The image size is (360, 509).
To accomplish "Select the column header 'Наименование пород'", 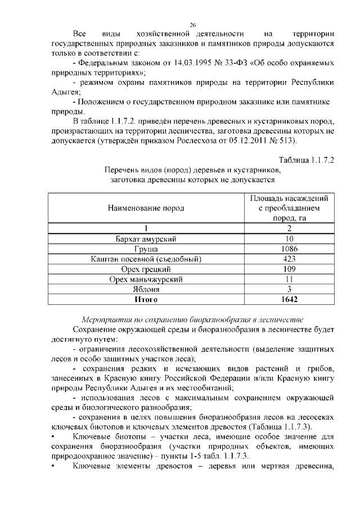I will coord(146,208).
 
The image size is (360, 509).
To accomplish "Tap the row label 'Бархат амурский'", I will coord(146,239).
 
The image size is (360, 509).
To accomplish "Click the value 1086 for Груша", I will coord(289,249).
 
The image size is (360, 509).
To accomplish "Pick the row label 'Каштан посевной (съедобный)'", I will coord(146,259).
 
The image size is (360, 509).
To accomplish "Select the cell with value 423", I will coord(289,259).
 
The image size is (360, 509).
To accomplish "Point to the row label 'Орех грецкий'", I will coord(146,269).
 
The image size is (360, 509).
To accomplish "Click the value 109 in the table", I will coord(289,269).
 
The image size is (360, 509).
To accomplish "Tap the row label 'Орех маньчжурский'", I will coord(146,279).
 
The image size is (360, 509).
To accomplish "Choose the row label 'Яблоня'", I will coord(146,289).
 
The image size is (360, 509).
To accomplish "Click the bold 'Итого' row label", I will coord(146,299).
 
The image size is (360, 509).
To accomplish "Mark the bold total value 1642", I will coord(289,299).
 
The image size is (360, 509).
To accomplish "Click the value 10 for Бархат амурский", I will coord(289,239).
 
